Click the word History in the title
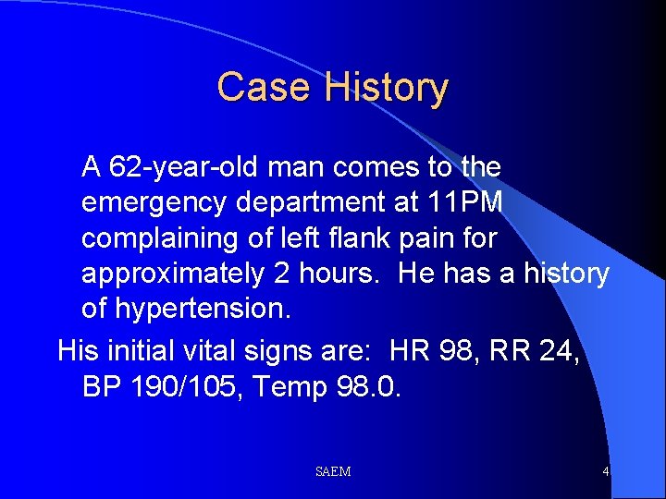pos(387,88)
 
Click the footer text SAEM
pos(333,472)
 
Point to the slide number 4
pos(605,472)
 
